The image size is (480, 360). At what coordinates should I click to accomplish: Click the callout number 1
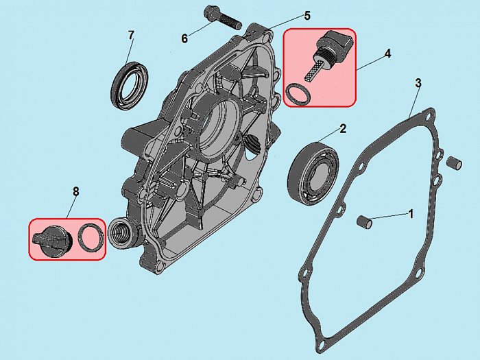click(411, 213)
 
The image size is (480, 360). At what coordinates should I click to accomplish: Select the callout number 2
click(343, 128)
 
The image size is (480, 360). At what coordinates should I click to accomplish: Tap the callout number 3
click(418, 83)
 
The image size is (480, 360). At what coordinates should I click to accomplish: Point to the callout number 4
click(387, 53)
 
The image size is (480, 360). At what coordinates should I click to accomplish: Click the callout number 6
click(184, 38)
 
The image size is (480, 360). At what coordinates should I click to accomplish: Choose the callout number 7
click(132, 34)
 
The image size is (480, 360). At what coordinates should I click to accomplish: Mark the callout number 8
click(75, 191)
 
